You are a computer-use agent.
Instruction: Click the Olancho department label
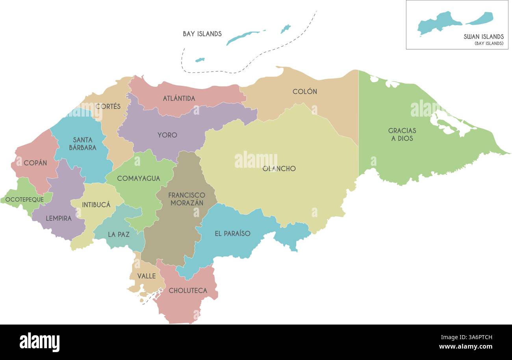pyautogui.click(x=279, y=169)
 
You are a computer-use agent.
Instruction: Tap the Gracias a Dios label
pyautogui.click(x=402, y=134)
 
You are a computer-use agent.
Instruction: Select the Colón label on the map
pyautogui.click(x=304, y=91)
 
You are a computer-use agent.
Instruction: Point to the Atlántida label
pyautogui.click(x=179, y=98)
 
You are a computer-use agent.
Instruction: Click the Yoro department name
pyautogui.click(x=167, y=135)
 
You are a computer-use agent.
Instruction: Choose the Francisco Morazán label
pyautogui.click(x=187, y=199)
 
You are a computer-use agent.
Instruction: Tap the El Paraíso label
pyautogui.click(x=232, y=233)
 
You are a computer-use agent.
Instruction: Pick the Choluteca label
pyautogui.click(x=188, y=291)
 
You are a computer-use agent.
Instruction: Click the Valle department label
pyautogui.click(x=147, y=276)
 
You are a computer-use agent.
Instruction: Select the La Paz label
pyautogui.click(x=119, y=234)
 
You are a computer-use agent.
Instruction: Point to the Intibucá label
pyautogui.click(x=96, y=204)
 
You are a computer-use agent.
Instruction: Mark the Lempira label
pyautogui.click(x=59, y=218)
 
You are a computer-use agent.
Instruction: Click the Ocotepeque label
pyautogui.click(x=24, y=199)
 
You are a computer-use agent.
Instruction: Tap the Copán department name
pyautogui.click(x=35, y=163)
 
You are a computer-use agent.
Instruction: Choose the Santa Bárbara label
pyautogui.click(x=83, y=143)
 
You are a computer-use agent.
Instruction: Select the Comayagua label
pyautogui.click(x=139, y=178)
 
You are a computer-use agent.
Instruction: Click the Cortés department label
pyautogui.click(x=108, y=106)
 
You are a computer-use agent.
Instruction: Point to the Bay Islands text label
pyautogui.click(x=202, y=34)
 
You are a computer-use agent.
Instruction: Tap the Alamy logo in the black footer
pyautogui.click(x=39, y=342)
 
